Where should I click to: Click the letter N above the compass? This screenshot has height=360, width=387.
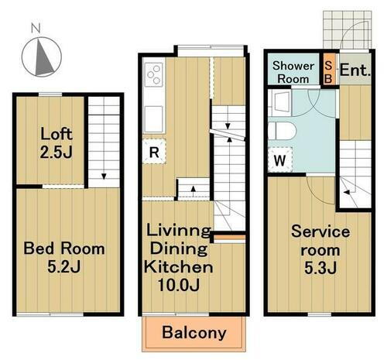(x=36, y=28)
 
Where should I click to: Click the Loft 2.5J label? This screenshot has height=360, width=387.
(x=57, y=142)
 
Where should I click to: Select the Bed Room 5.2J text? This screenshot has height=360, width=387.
(x=64, y=257)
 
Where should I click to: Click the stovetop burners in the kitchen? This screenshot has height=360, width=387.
(x=154, y=75)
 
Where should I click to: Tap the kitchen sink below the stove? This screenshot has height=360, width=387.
(x=153, y=119)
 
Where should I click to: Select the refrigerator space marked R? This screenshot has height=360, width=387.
(x=154, y=152)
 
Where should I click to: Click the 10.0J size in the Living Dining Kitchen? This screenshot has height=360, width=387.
(x=179, y=285)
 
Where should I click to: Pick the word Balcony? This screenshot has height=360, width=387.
(x=194, y=332)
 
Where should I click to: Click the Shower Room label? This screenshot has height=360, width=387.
(x=293, y=72)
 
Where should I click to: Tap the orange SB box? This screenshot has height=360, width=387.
(x=329, y=69)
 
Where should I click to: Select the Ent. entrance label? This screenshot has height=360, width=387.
(x=355, y=70)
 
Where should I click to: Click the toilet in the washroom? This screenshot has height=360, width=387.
(x=282, y=131)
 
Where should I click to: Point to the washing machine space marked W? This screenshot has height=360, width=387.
(x=280, y=160)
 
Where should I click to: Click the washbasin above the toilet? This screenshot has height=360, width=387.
(x=280, y=103)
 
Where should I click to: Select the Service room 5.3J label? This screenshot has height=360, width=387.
(x=320, y=250)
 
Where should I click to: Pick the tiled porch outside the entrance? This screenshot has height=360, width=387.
(x=348, y=29)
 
